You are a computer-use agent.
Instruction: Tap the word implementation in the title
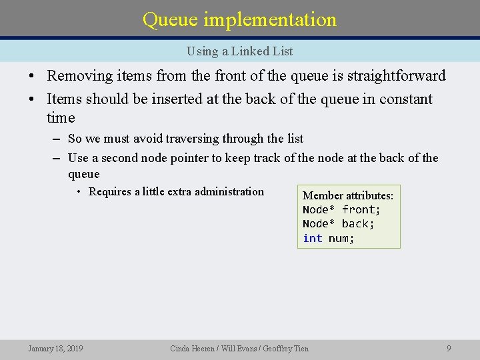270,20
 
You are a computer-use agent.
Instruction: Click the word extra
179,192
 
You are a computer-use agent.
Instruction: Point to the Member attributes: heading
348,195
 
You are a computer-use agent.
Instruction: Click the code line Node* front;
341,210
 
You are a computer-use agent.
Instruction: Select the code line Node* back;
339,224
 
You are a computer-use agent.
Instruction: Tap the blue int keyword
312,239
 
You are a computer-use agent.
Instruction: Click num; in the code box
341,239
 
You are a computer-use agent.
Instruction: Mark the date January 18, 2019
55,348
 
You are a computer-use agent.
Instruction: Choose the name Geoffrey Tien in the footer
286,348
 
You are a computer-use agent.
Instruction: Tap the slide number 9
449,348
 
